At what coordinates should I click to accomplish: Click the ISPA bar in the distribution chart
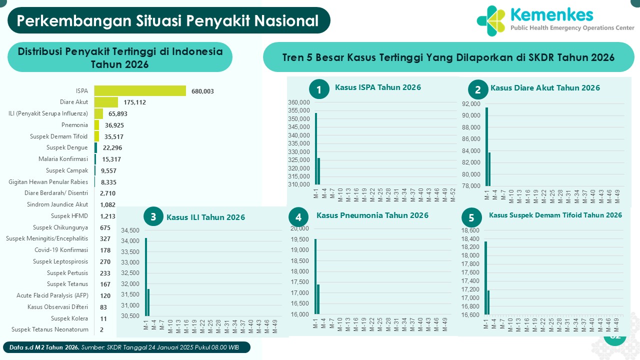tap(140, 90)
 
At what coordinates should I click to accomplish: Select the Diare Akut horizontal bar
tap(106, 102)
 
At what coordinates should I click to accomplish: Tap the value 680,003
tap(202, 91)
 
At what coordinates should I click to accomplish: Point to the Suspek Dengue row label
tap(67, 147)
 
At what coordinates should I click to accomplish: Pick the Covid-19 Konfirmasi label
tap(61, 250)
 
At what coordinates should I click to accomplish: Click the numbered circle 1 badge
tap(319, 89)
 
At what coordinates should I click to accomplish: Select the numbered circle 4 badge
tap(298, 217)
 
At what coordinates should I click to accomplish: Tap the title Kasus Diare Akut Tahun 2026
tap(545, 88)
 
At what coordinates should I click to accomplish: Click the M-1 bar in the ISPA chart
tap(316, 149)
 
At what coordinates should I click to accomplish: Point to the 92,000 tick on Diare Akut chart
tap(472, 104)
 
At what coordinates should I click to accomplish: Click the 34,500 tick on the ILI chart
tap(130, 230)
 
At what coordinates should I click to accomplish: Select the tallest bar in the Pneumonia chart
tap(315, 276)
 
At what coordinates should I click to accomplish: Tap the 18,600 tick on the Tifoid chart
tap(470, 230)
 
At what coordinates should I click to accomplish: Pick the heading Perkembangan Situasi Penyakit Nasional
tap(168, 20)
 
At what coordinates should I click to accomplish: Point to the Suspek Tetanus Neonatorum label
tap(50, 329)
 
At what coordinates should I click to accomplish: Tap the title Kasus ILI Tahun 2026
tap(205, 217)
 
